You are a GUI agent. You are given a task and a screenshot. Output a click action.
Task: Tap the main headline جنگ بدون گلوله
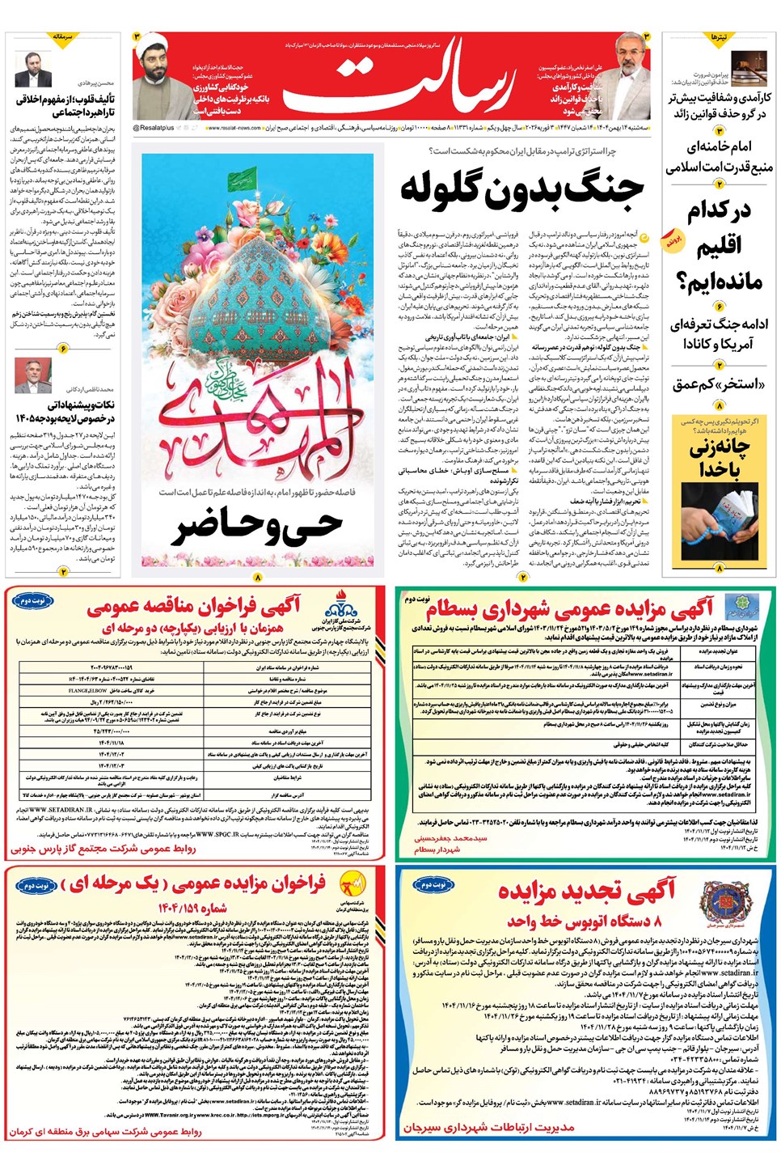click(x=521, y=188)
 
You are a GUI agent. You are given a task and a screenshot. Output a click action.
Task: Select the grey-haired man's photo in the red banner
click(x=628, y=77)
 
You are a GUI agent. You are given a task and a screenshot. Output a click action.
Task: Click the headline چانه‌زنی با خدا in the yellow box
click(x=719, y=458)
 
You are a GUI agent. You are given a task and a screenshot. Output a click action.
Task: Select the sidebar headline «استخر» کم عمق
click(x=719, y=383)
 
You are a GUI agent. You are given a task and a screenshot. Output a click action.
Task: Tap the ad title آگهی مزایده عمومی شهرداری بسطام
click(x=570, y=608)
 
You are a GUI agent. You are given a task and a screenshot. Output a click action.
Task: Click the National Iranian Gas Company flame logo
click(x=340, y=605)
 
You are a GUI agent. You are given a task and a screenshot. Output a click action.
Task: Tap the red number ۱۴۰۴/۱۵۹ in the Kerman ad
click(x=192, y=908)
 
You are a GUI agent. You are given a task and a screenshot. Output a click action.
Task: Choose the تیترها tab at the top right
click(x=719, y=37)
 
